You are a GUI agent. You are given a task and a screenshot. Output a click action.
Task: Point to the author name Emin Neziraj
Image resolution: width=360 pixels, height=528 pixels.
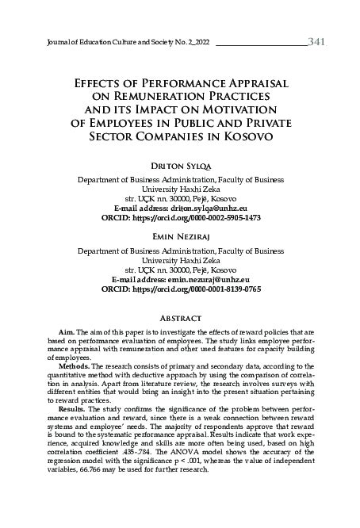181,235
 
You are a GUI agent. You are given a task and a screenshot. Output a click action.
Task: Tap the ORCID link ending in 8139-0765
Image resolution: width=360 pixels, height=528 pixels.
199,289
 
